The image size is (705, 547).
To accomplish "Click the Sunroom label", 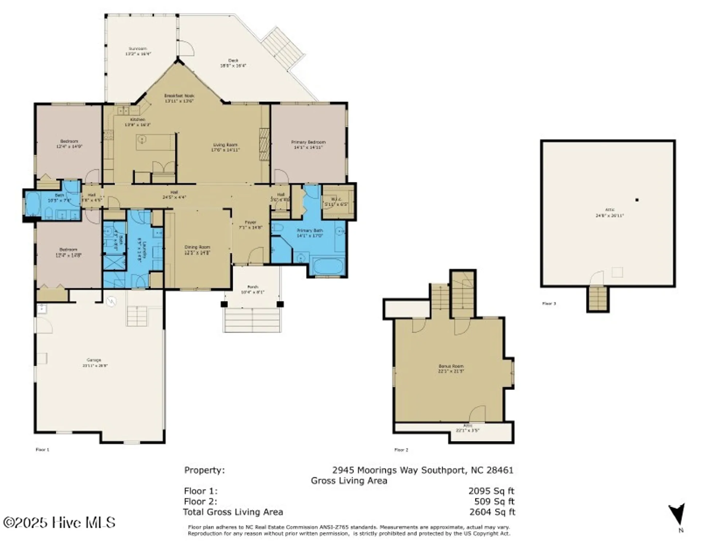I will click(138, 51).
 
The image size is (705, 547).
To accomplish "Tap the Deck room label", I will click(233, 63).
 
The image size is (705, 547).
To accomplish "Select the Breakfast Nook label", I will click(179, 98).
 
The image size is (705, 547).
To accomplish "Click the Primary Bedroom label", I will click(308, 144).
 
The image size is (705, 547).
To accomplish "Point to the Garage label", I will click(94, 362).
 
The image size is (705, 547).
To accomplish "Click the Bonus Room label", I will click(451, 368).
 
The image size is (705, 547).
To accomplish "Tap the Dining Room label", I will click(197, 250).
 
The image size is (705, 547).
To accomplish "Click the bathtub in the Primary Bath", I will click(328, 267).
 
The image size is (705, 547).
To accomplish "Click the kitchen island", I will click(156, 142).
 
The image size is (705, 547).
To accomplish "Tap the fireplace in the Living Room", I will click(264, 144).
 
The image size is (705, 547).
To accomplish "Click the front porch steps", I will click(252, 320).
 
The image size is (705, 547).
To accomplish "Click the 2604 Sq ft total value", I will click(492, 512).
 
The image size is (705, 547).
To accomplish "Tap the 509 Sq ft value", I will click(494, 501).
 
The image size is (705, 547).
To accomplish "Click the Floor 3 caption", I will click(549, 303).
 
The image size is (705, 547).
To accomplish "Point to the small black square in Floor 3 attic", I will click(637, 200).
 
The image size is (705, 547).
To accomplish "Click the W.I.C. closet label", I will click(336, 202).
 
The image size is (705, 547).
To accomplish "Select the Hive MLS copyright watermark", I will click(59, 523).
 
